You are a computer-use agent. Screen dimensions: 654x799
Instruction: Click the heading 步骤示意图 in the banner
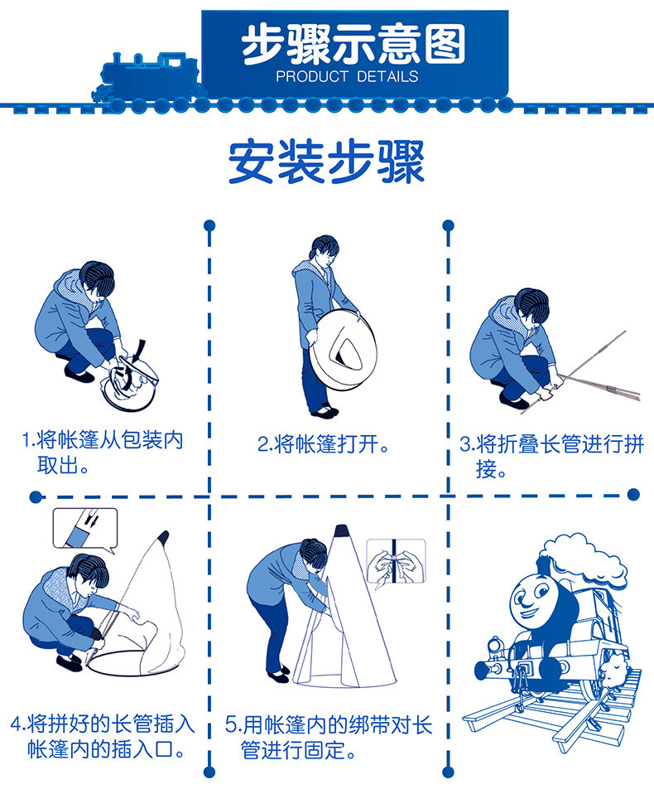coord(353,45)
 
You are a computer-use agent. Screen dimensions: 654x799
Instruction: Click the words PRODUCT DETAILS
coord(347,77)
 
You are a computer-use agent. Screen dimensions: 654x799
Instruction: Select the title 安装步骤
coord(326,162)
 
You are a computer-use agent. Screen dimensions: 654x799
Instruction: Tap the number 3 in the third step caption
coord(465,444)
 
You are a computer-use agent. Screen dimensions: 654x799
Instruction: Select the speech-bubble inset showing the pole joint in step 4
coord(85,529)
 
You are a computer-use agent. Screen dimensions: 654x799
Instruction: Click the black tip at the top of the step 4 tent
coord(163,537)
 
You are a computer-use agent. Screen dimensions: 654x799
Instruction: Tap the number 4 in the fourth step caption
coord(17,724)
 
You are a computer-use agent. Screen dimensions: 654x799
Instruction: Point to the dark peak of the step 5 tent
coord(341,531)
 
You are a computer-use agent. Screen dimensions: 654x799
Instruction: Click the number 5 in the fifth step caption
coord(231,724)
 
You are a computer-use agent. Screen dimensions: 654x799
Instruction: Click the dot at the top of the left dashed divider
coord(209,225)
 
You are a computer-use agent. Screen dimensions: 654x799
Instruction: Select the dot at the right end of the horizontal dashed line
coord(633,494)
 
